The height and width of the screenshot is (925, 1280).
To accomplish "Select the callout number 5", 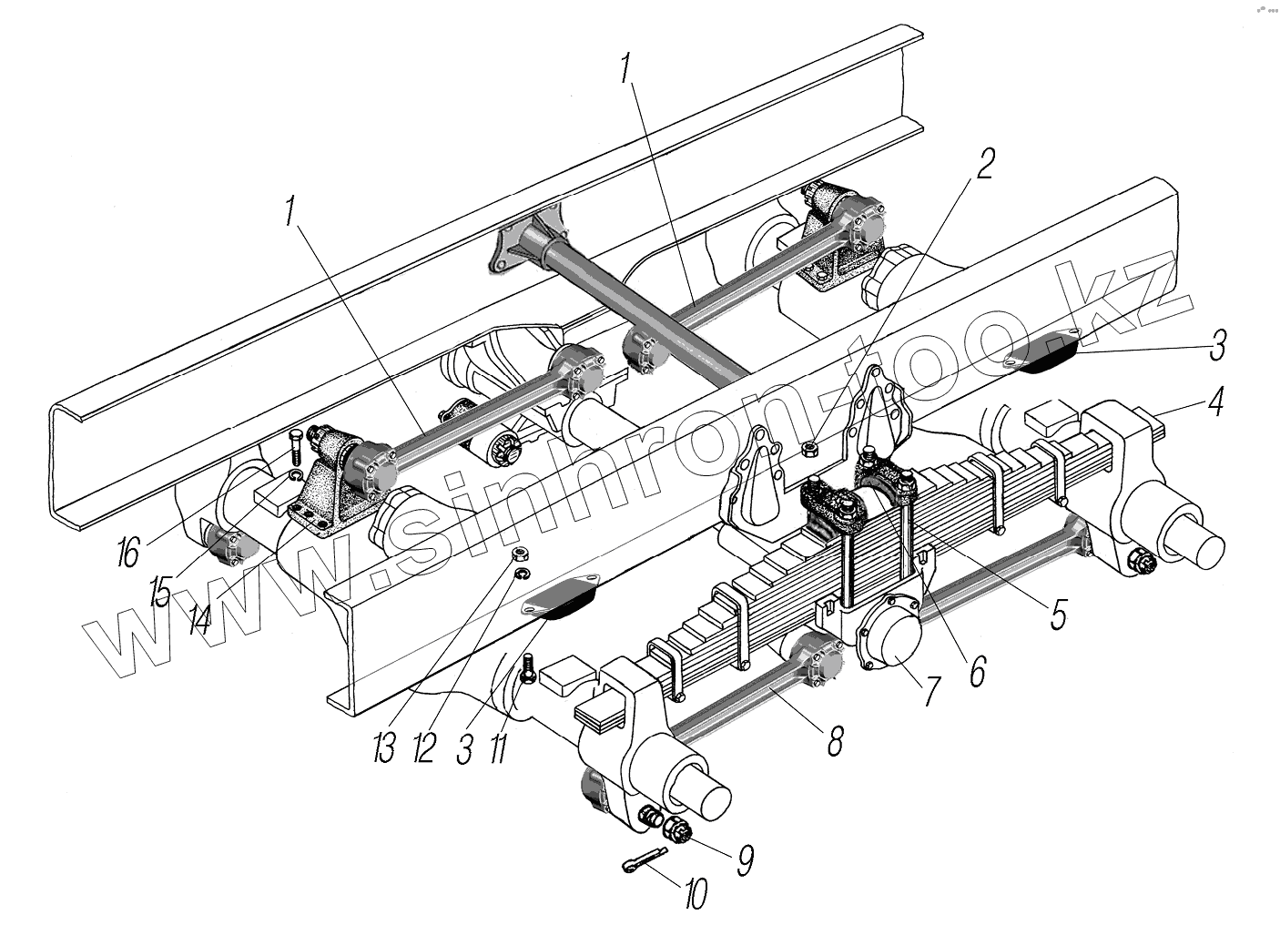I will [1056, 615].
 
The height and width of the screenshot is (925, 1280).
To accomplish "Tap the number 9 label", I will [744, 860].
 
